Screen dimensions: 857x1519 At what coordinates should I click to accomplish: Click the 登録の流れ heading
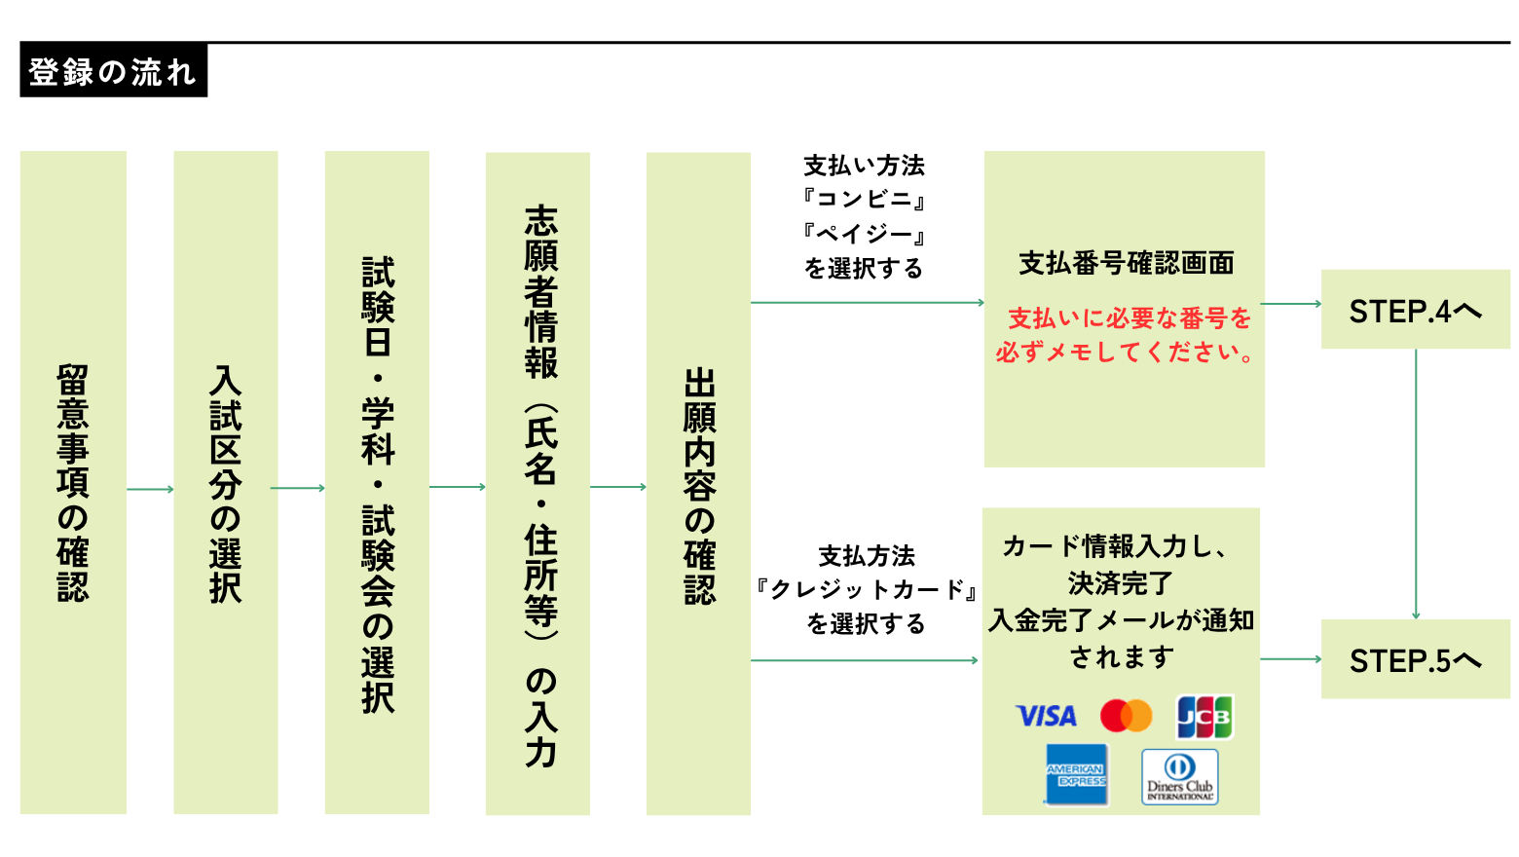click(x=113, y=71)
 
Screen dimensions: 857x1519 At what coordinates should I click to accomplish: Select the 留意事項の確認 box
click(x=73, y=482)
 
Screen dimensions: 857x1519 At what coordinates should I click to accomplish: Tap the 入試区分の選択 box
click(x=225, y=482)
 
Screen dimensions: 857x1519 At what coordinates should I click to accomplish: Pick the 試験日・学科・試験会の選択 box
click(x=377, y=482)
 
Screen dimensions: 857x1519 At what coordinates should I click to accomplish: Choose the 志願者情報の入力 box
click(x=538, y=482)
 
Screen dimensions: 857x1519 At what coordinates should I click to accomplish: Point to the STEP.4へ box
click(x=1415, y=310)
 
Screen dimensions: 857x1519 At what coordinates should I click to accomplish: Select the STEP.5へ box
click(x=1415, y=659)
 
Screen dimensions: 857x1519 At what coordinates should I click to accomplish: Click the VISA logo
click(x=1046, y=717)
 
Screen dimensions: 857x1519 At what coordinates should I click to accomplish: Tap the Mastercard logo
click(x=1126, y=716)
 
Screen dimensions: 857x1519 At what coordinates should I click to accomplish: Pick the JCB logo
click(x=1204, y=717)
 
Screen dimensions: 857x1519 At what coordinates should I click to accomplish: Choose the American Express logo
click(x=1076, y=775)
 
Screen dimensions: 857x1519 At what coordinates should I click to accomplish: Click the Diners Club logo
click(x=1179, y=776)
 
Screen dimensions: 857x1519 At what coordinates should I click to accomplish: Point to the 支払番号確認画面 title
click(x=1126, y=263)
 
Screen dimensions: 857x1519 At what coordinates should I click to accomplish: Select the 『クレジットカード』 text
click(x=866, y=589)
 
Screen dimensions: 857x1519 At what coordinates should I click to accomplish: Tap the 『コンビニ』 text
click(x=864, y=200)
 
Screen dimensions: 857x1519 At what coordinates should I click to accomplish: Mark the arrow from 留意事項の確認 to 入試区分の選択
click(x=150, y=489)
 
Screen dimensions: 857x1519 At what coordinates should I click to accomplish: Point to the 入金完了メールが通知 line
click(x=1121, y=620)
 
